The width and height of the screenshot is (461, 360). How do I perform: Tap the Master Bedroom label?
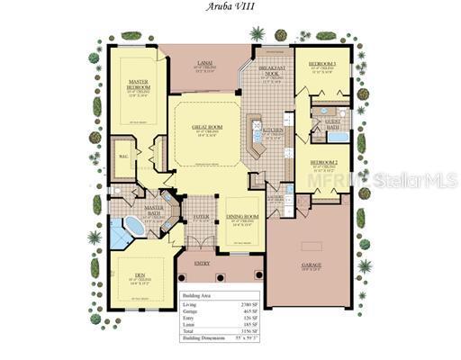click(138, 84)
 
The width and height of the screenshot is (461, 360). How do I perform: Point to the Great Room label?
click(208, 127)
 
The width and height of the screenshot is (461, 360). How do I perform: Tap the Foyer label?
click(200, 215)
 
